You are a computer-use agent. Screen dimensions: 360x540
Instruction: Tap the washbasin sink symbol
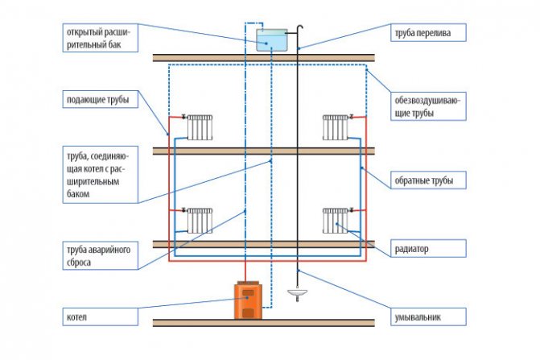coord(297,294)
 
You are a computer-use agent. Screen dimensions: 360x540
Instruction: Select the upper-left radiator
coord(199,126)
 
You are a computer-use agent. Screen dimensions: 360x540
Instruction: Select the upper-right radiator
coord(336,126)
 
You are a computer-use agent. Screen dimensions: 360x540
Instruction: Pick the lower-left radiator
coord(199,220)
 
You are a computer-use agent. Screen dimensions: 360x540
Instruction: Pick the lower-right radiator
coord(336,220)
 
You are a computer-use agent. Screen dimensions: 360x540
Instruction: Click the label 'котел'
coord(77,317)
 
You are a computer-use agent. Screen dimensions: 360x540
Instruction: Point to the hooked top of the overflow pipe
coord(299,29)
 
